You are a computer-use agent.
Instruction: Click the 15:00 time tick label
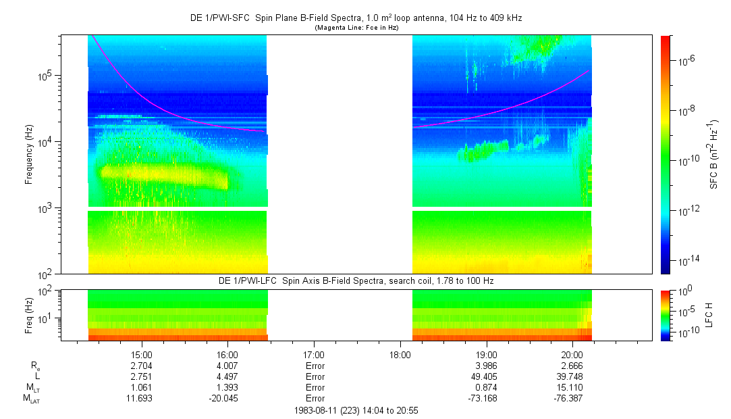coord(141,354)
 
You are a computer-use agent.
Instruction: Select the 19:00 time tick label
coord(486,354)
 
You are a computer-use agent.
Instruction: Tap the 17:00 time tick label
coord(314,354)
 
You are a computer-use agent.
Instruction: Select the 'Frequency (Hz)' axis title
coord(29,155)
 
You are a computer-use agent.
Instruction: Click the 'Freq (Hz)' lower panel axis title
coord(29,315)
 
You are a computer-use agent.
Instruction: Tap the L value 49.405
coord(486,376)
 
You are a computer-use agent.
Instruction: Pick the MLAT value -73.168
coord(486,398)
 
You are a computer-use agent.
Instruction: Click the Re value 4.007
coord(227,366)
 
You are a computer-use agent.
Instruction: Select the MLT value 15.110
coord(572,387)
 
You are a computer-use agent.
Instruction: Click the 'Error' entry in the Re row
coord(314,366)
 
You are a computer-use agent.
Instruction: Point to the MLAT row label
coord(31,399)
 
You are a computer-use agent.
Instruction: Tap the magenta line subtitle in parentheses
coord(356,28)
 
